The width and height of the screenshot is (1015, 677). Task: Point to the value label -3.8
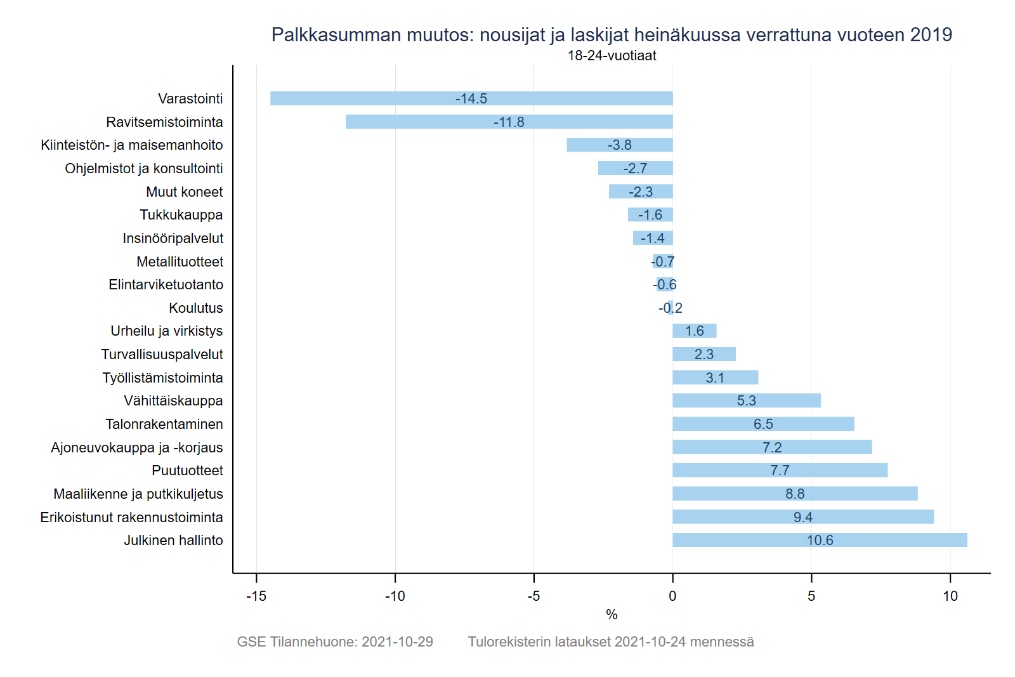pyautogui.click(x=619, y=145)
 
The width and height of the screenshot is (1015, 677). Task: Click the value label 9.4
pyautogui.click(x=802, y=517)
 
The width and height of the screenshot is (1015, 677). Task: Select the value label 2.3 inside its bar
pyautogui.click(x=704, y=354)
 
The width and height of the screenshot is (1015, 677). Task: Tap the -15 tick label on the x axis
pyautogui.click(x=256, y=596)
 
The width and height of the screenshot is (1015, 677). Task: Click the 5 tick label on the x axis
pyautogui.click(x=811, y=596)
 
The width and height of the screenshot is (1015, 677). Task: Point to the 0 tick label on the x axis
pyautogui.click(x=672, y=596)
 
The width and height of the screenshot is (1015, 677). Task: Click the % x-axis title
pyautogui.click(x=612, y=614)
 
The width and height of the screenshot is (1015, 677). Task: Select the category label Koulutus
pyautogui.click(x=195, y=308)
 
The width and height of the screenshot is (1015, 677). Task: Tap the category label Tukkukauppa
pyautogui.click(x=181, y=215)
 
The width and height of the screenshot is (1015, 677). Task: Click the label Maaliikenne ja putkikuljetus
pyautogui.click(x=138, y=494)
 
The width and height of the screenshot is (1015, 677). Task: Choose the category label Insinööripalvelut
pyautogui.click(x=173, y=238)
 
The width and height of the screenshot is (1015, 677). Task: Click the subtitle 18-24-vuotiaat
pyautogui.click(x=612, y=56)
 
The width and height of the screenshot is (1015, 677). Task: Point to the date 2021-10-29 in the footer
pyautogui.click(x=397, y=641)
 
